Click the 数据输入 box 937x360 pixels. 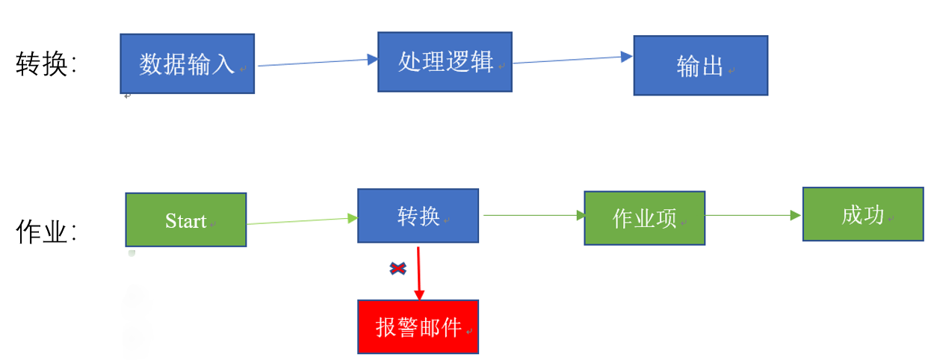[x=187, y=63]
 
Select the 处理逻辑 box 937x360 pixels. [x=445, y=62]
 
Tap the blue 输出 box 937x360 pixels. [x=700, y=66]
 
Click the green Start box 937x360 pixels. [x=185, y=220]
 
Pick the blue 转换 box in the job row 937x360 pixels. [x=418, y=216]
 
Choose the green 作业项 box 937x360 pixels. [x=644, y=218]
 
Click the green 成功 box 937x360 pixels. [x=862, y=214]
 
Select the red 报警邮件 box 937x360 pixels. [x=418, y=327]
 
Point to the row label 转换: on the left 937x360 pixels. [x=46, y=65]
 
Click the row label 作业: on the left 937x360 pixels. [x=46, y=232]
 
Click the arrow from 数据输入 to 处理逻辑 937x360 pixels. [x=314, y=63]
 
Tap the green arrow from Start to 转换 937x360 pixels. [x=299, y=220]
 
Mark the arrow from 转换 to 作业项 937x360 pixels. [x=532, y=215]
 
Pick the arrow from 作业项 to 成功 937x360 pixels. [x=751, y=215]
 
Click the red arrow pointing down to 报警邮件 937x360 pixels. [x=418, y=273]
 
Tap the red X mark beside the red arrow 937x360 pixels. [x=398, y=268]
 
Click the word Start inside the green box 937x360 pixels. [x=185, y=221]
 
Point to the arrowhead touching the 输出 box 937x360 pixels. [x=627, y=57]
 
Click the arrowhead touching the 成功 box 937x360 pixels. [x=796, y=215]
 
